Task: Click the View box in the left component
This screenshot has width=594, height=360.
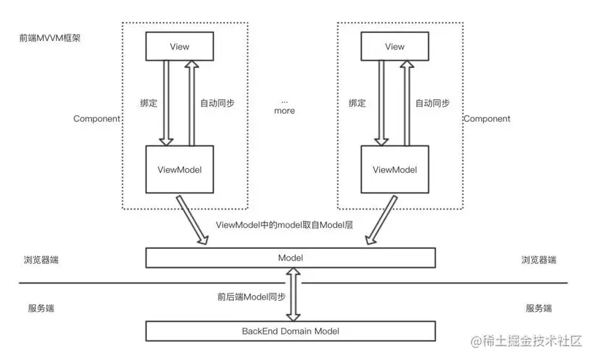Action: pyautogui.click(x=179, y=47)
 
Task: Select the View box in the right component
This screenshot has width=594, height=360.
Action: pyautogui.click(x=395, y=47)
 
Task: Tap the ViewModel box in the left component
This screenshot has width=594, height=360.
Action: pyautogui.click(x=179, y=170)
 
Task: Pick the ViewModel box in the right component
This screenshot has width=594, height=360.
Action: pyautogui.click(x=395, y=170)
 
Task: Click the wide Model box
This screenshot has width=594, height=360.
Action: pyautogui.click(x=290, y=258)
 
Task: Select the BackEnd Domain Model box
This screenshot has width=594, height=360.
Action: pyautogui.click(x=290, y=331)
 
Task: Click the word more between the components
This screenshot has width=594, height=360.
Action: pyautogui.click(x=284, y=111)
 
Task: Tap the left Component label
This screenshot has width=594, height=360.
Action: pyautogui.click(x=96, y=118)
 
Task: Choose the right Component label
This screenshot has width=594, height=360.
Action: pyautogui.click(x=487, y=118)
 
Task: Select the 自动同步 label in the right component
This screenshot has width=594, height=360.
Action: pyautogui.click(x=433, y=104)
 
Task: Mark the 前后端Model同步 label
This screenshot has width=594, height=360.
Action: pyautogui.click(x=251, y=296)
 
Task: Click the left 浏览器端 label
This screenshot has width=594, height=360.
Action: pyautogui.click(x=41, y=260)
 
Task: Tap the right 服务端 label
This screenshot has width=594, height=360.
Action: pyautogui.click(x=538, y=308)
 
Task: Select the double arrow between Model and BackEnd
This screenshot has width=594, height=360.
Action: pyautogui.click(x=294, y=294)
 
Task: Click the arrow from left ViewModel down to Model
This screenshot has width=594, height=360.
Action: pyautogui.click(x=192, y=218)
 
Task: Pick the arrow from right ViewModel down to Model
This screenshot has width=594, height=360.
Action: pyautogui.click(x=381, y=218)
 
